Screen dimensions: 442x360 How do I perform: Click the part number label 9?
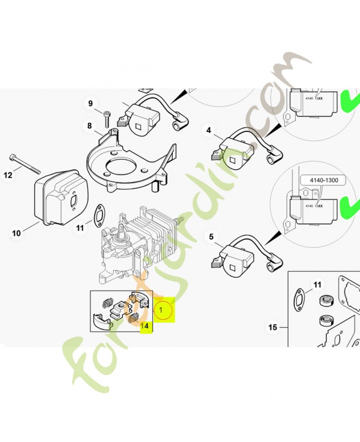click(x=91, y=103)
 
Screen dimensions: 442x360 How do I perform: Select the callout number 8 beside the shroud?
click(x=89, y=126)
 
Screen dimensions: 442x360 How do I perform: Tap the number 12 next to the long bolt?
click(x=8, y=175)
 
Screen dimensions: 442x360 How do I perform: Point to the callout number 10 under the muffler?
click(x=16, y=233)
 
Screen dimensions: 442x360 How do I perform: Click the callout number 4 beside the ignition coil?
click(x=209, y=130)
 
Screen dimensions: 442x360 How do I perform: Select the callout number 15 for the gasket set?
click(x=272, y=328)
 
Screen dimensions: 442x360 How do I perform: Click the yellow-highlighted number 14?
click(x=145, y=326)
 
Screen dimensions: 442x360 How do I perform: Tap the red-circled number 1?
click(x=161, y=311)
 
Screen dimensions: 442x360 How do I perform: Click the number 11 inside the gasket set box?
click(x=317, y=285)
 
